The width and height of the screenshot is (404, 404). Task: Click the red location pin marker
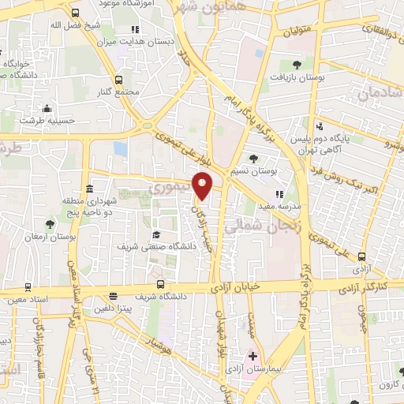[203, 184]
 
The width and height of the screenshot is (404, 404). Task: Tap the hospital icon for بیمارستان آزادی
[252, 357]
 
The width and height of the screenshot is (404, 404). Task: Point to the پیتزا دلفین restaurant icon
[113, 297]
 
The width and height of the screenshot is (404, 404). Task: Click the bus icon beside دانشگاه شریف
[160, 284]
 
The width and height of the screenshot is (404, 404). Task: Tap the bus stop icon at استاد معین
[28, 287]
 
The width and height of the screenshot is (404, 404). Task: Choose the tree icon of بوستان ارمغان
[50, 224]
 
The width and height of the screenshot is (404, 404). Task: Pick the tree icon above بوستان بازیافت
[297, 65]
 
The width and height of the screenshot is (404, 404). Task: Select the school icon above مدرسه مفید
[279, 194]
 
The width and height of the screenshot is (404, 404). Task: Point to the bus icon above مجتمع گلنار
[119, 80]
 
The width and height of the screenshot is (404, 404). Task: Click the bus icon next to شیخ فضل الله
[75, 13]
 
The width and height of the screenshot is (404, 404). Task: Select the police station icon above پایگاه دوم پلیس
[319, 126]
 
